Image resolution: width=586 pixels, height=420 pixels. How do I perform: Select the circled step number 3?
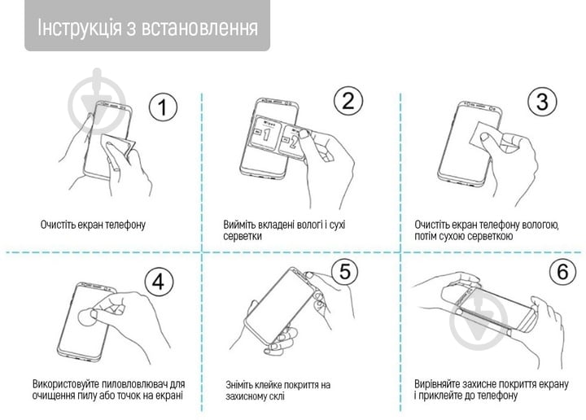coord(541,102)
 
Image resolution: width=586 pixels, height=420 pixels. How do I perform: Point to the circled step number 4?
coord(159,282)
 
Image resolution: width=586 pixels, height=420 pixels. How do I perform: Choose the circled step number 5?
coord(345,271)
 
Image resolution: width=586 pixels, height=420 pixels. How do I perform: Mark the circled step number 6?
coord(562,273)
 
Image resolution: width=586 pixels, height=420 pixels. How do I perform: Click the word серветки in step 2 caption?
coord(243,236)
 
